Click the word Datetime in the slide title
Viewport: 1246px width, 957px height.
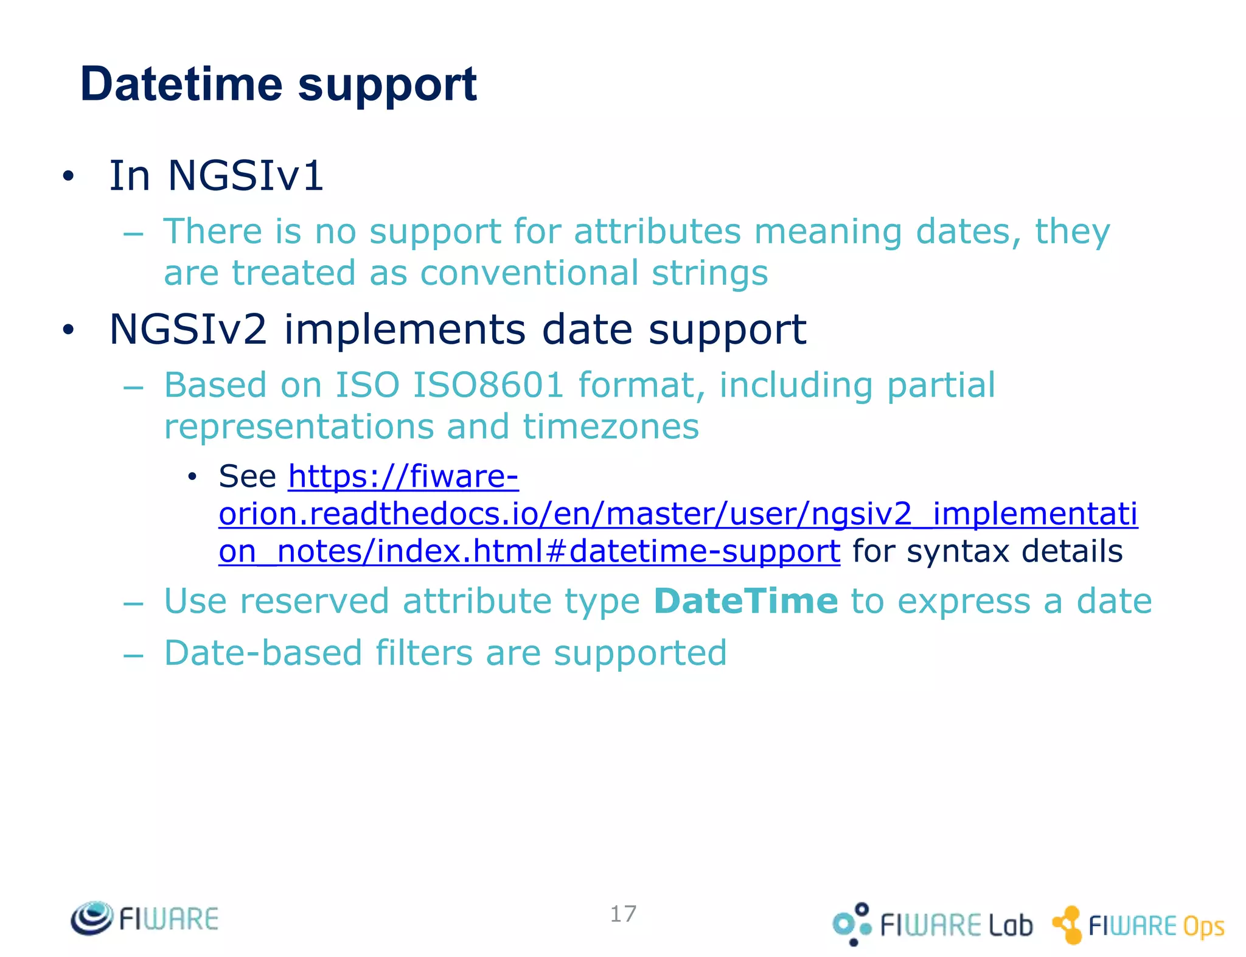coord(181,84)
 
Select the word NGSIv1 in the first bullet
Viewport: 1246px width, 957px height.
coord(245,176)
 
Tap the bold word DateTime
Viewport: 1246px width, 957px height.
coord(746,601)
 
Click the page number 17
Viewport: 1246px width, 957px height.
coord(623,914)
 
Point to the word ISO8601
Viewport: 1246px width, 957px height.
coord(489,385)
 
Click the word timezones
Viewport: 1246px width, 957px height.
coord(611,426)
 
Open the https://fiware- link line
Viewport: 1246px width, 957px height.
coord(403,476)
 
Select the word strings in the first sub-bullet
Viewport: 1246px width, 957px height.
coord(709,273)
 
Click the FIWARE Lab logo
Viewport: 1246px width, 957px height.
coord(933,924)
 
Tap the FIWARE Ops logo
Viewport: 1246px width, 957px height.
coord(1138,925)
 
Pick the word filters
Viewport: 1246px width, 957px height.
coord(423,653)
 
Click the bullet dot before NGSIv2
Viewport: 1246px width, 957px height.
coord(68,330)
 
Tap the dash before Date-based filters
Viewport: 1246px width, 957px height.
coord(133,655)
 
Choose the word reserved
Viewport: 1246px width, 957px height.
coord(315,601)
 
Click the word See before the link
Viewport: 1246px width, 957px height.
coord(247,476)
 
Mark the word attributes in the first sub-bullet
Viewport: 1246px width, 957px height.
coord(657,232)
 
